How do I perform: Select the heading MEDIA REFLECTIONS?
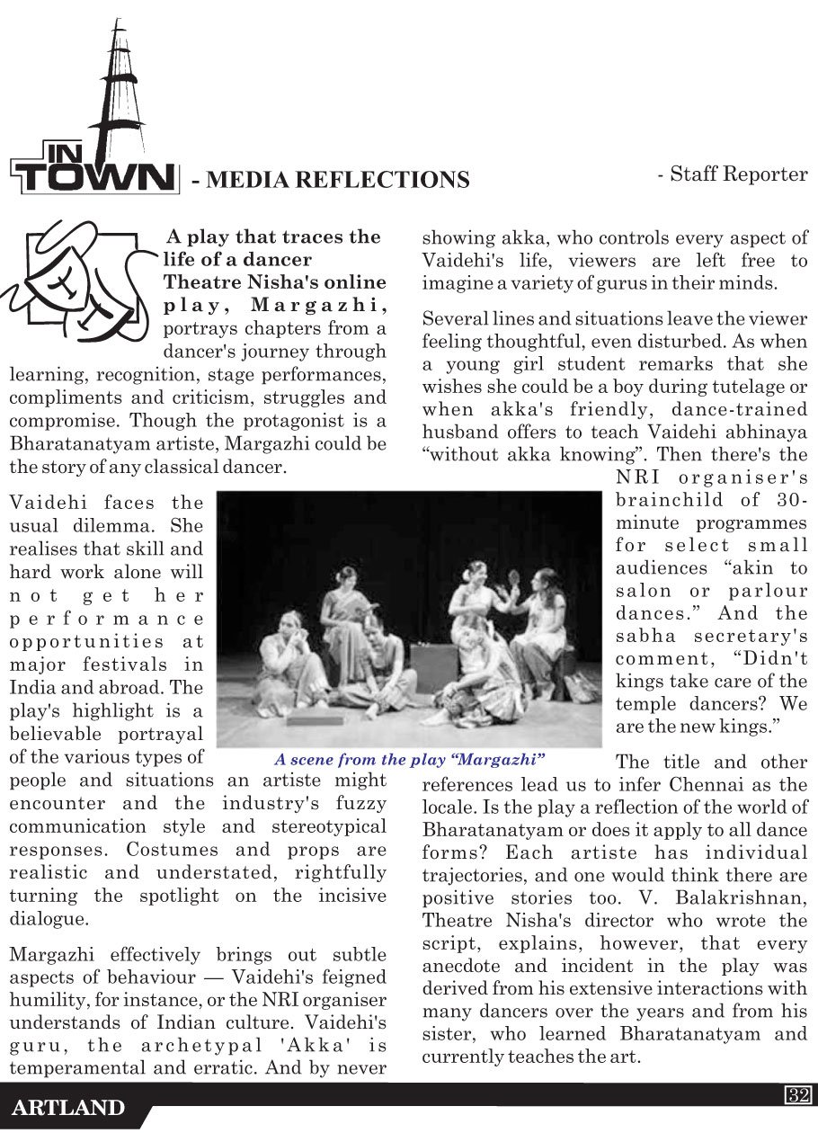331,180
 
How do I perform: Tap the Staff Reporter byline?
733,174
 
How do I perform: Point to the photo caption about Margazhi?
410,760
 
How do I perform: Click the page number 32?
798,1094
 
